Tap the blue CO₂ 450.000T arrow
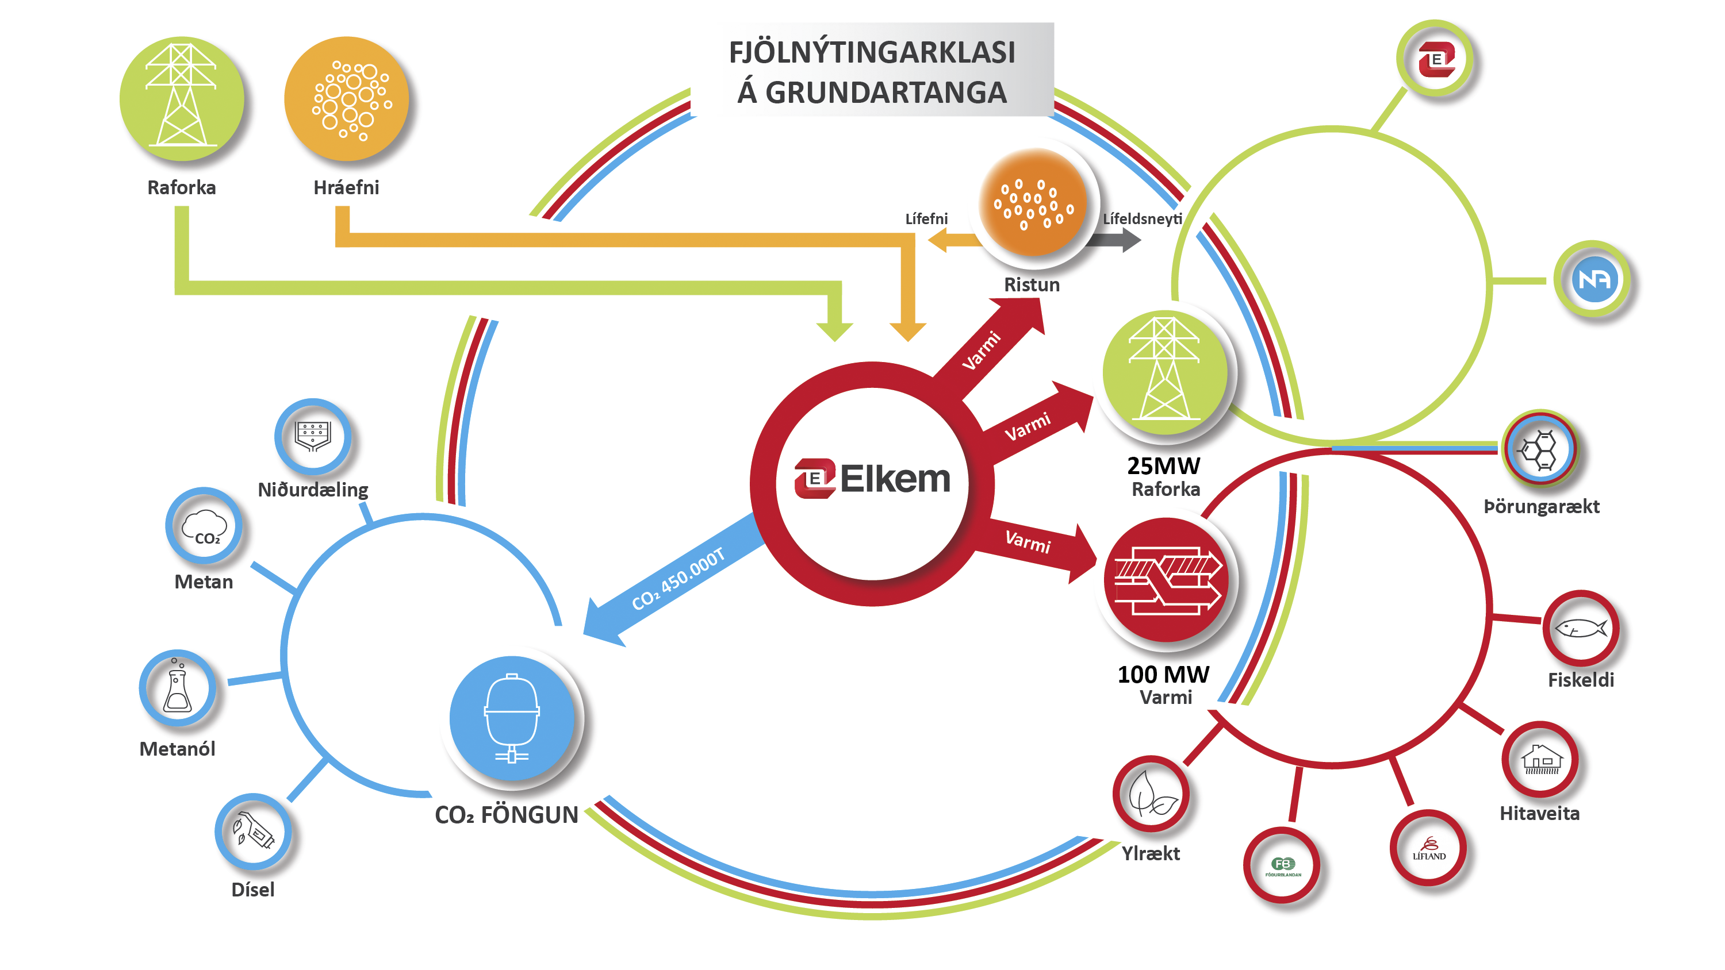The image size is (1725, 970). tap(676, 579)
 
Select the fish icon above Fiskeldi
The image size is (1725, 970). tap(1580, 628)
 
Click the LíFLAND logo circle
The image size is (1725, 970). tap(1428, 848)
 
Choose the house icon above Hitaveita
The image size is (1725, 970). tap(1541, 759)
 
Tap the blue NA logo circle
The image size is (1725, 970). tap(1594, 279)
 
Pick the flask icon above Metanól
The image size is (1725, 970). tap(178, 688)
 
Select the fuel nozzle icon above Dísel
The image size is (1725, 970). tap(253, 832)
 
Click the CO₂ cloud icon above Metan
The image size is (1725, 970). tap(204, 526)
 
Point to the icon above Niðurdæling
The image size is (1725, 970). tap(313, 437)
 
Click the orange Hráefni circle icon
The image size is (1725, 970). tap(347, 99)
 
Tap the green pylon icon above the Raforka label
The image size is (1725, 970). tap(182, 99)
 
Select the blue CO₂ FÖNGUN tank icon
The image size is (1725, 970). tap(512, 718)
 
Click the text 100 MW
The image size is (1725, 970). tap(1164, 673)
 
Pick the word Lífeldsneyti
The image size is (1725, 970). tap(1143, 219)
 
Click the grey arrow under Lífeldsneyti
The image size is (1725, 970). tap(1115, 240)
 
